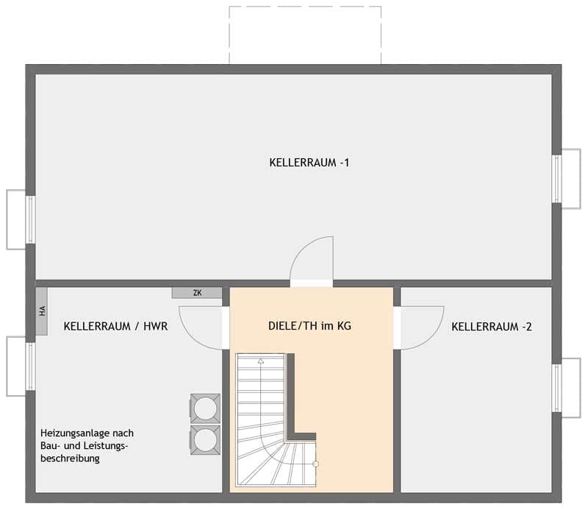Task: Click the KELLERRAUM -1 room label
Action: pos(309,163)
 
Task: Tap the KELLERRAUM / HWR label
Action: pos(115,326)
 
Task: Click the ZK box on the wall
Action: pos(197,293)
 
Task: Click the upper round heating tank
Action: pos(205,408)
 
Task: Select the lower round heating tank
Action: pos(205,439)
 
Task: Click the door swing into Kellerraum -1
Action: pos(313,260)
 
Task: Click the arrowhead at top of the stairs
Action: pos(260,362)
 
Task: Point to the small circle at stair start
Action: pos(315,464)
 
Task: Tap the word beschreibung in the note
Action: pos(71,458)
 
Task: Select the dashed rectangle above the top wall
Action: pos(305,35)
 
